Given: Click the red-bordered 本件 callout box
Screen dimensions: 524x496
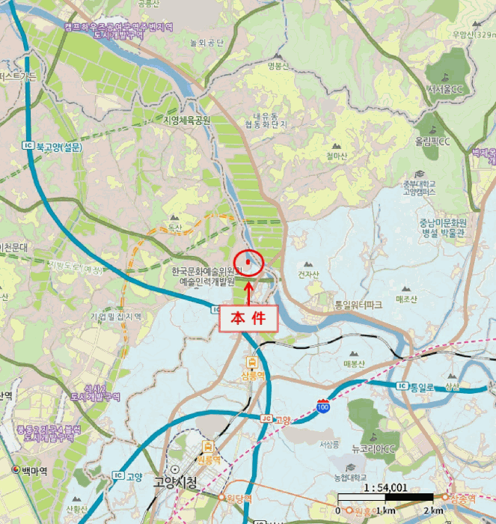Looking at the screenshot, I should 248,317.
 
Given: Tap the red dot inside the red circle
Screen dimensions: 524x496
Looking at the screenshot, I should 248,261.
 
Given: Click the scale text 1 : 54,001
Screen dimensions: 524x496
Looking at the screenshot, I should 384,487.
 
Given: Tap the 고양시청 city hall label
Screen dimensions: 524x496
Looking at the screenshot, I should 175,483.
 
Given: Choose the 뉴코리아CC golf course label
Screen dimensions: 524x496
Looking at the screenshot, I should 376,448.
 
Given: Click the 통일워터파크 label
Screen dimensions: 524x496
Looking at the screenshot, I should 358,305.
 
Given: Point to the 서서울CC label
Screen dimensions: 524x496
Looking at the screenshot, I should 446,89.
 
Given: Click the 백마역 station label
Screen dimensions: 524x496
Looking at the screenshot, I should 34,470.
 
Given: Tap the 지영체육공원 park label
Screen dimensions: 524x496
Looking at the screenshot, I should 187,120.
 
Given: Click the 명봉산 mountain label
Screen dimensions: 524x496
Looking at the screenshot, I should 277,66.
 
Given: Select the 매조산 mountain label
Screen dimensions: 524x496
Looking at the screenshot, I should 405,299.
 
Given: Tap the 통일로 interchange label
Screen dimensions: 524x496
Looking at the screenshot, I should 422,386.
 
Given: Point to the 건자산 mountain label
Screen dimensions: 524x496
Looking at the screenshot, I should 308,274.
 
